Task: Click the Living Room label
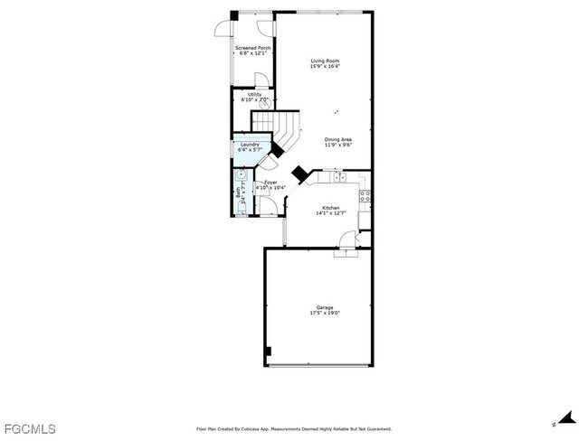[325, 61]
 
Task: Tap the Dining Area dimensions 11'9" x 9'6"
[337, 145]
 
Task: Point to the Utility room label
[254, 94]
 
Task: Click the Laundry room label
[249, 145]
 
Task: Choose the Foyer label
[270, 183]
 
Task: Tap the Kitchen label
[330, 208]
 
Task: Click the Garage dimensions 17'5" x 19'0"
[325, 313]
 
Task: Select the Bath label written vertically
[238, 192]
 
